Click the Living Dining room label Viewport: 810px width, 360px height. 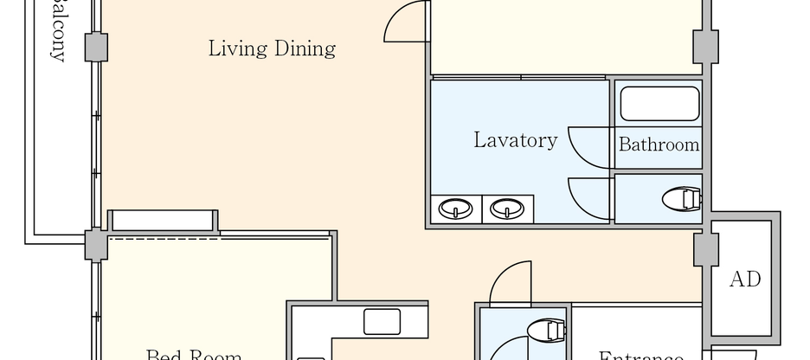coord(272,48)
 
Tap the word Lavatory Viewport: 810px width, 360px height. coord(515,140)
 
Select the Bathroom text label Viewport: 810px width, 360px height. coord(659,145)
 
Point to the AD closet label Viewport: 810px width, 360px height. coord(744,280)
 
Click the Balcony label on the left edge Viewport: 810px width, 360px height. coord(58,35)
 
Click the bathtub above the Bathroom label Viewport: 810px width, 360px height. coord(659,103)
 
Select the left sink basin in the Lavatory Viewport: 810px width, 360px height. coord(456,209)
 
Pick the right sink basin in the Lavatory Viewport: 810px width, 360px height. coord(506,209)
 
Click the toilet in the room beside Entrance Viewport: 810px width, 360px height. coord(545,330)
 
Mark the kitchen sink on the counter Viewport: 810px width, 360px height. coord(382,321)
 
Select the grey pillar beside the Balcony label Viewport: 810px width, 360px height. coord(96,47)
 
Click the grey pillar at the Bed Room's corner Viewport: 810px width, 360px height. coord(96,245)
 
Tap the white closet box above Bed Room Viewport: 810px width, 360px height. coord(163,220)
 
